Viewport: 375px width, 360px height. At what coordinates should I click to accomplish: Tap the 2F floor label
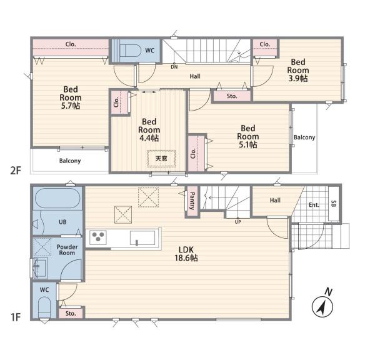click(16, 171)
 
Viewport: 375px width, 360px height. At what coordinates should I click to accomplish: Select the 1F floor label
click(16, 317)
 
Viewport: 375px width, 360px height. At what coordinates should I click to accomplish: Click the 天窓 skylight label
click(161, 158)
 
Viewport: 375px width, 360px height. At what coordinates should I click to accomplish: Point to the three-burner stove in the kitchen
click(98, 237)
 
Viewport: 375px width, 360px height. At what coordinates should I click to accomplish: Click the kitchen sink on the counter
click(142, 237)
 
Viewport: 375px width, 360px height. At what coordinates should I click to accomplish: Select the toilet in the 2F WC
click(131, 51)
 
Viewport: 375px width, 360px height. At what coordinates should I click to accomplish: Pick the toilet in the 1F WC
click(44, 307)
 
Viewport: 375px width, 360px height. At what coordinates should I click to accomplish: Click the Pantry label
click(192, 201)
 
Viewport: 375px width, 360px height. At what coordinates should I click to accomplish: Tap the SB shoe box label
click(334, 204)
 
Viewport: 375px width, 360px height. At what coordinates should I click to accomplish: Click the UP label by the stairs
click(237, 222)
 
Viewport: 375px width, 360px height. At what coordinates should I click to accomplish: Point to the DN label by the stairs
click(174, 67)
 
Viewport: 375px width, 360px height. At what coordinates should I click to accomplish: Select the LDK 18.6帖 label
click(186, 254)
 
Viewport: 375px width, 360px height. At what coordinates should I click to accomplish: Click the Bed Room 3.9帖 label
click(298, 70)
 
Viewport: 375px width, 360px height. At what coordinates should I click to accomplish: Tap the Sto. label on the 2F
click(232, 96)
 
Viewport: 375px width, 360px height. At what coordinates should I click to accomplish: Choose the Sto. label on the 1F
click(71, 313)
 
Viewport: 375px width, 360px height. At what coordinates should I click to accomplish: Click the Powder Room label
click(67, 250)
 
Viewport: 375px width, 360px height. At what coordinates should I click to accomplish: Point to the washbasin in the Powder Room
click(40, 267)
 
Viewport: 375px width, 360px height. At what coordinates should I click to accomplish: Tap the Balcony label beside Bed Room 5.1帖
click(304, 137)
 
